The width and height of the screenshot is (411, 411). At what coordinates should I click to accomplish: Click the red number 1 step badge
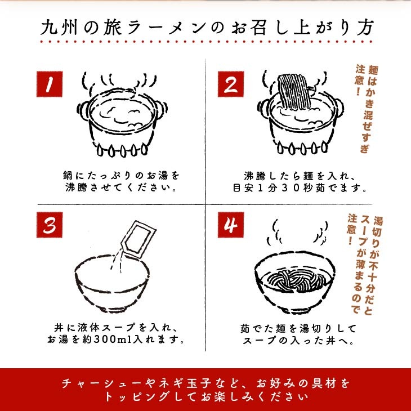click(50, 84)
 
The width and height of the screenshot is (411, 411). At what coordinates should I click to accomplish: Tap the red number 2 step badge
click(231, 84)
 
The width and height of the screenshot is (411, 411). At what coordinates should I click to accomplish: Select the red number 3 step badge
click(50, 225)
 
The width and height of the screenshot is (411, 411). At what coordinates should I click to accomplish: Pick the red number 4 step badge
click(231, 225)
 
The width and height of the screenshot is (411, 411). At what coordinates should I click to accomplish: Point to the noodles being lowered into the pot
click(293, 91)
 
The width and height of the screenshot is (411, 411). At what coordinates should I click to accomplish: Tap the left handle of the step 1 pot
click(82, 111)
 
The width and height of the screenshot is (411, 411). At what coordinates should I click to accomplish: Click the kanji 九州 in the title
click(59, 27)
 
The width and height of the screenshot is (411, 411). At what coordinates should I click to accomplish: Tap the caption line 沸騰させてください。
click(122, 187)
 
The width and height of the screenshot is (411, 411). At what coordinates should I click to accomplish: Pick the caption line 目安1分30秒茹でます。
click(300, 188)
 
